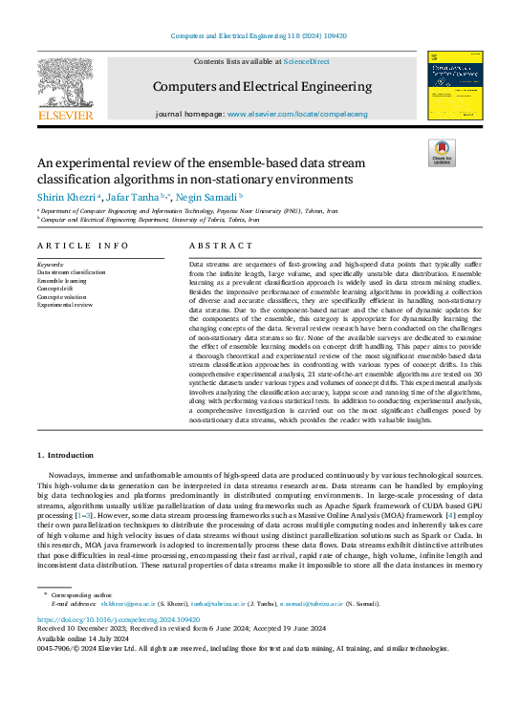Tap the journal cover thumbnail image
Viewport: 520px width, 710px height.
(454, 86)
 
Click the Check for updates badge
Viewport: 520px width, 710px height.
(441, 154)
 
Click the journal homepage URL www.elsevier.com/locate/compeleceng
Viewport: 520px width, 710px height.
(296, 114)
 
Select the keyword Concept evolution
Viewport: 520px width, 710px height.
(63, 297)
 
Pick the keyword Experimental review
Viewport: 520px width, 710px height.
(65, 305)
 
